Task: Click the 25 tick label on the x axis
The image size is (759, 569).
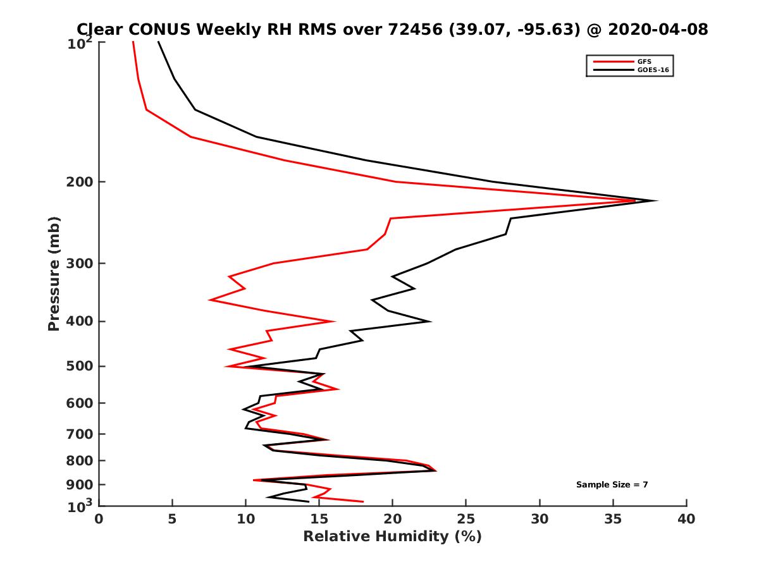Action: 466,519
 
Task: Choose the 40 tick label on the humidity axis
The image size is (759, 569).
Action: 686,519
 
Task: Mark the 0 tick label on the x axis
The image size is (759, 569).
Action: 99,519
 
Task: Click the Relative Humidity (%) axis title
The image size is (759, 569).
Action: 392,537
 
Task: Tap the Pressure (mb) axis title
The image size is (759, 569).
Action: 54,273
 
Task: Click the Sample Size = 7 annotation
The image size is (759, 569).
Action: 612,485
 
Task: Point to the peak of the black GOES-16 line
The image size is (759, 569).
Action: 657,201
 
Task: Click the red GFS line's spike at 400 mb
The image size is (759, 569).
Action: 333,321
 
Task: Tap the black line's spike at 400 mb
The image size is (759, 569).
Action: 430,321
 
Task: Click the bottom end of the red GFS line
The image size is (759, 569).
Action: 363,502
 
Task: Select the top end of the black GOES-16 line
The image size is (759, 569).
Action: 158,42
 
